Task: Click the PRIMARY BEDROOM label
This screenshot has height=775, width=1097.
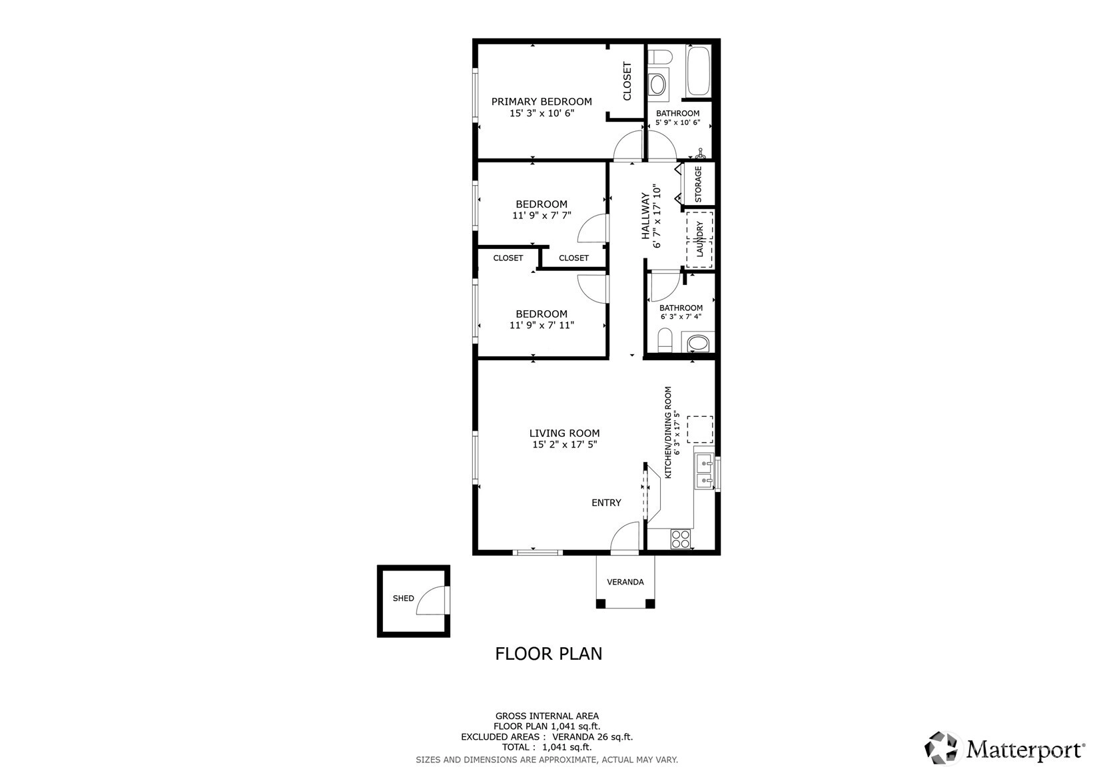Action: click(x=542, y=102)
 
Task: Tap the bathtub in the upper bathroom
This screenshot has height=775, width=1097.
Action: click(x=698, y=71)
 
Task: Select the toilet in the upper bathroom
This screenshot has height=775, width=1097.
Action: click(x=660, y=57)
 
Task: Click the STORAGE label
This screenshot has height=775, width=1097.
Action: click(x=698, y=184)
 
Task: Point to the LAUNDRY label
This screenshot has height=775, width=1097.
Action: click(x=699, y=239)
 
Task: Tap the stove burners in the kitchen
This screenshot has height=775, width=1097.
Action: click(x=681, y=539)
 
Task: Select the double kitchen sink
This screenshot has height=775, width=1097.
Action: click(x=705, y=472)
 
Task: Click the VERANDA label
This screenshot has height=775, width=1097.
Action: click(x=625, y=582)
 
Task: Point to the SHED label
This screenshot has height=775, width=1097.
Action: click(x=404, y=599)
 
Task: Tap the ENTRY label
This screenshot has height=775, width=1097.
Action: click(x=606, y=503)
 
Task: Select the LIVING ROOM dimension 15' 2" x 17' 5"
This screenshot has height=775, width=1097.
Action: click(x=565, y=445)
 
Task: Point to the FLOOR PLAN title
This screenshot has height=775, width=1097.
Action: click(x=549, y=654)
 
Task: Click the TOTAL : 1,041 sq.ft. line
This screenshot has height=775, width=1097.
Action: click(x=547, y=747)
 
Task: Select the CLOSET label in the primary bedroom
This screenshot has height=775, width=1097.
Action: click(x=627, y=81)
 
